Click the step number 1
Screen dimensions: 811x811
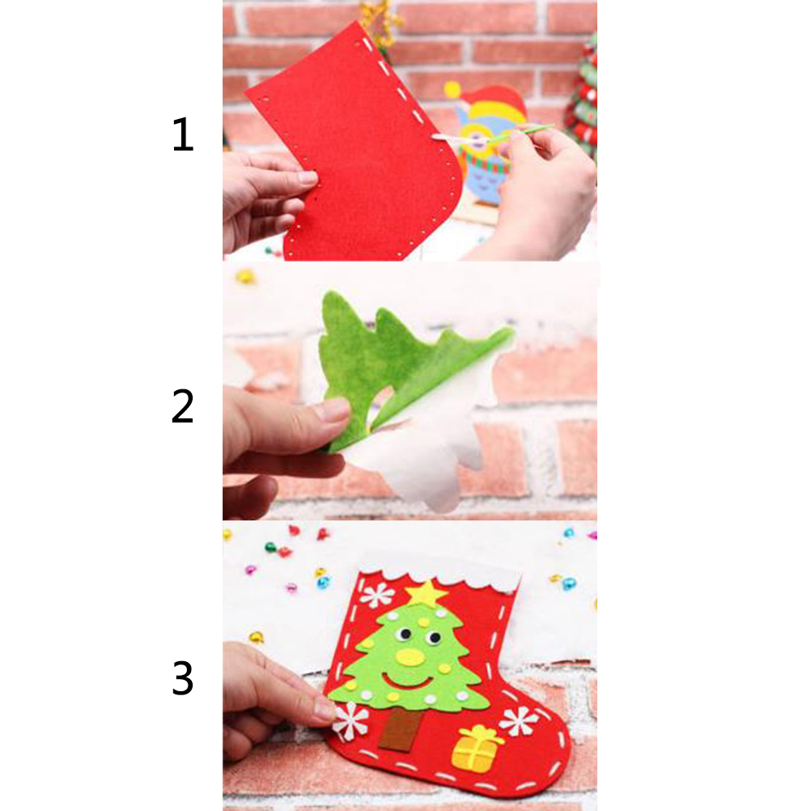[183, 134]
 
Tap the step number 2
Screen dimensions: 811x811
[182, 406]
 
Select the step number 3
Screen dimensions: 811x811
[183, 678]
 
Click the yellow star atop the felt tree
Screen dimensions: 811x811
[427, 593]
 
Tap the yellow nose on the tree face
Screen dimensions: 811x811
[410, 656]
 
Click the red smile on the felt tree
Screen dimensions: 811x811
[409, 681]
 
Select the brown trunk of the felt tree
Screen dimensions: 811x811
[400, 728]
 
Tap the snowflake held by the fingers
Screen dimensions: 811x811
[351, 720]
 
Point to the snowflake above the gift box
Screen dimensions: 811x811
[519, 720]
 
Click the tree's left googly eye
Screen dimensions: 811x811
[405, 634]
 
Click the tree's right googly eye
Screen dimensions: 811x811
[434, 638]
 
